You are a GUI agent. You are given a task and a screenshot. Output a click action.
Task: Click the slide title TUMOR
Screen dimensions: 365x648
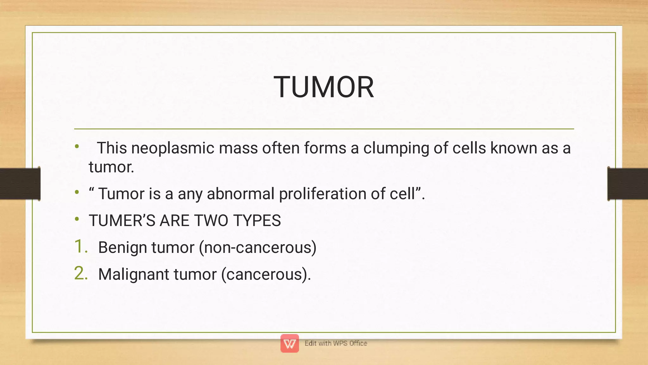pos(324,87)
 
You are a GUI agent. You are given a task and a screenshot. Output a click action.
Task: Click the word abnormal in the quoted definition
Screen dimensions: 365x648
pos(240,194)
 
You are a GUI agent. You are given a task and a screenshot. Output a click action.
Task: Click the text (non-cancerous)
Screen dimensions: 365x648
pos(258,248)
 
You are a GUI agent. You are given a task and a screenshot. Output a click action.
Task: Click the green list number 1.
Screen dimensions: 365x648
pos(80,247)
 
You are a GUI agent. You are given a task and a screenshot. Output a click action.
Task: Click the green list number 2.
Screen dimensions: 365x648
pos(81,274)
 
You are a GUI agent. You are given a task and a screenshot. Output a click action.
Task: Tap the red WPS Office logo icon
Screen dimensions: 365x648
pos(290,343)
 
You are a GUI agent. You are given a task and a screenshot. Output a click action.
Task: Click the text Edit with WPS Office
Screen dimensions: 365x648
pos(336,343)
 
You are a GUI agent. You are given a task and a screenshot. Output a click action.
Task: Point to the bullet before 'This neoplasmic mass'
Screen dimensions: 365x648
pos(77,147)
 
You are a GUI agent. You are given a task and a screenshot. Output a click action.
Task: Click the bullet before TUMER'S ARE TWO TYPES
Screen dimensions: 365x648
pos(77,219)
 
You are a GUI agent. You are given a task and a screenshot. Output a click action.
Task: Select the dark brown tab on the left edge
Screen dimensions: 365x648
pos(20,184)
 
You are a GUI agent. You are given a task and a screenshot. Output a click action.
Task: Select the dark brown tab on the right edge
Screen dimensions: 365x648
pos(628,184)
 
